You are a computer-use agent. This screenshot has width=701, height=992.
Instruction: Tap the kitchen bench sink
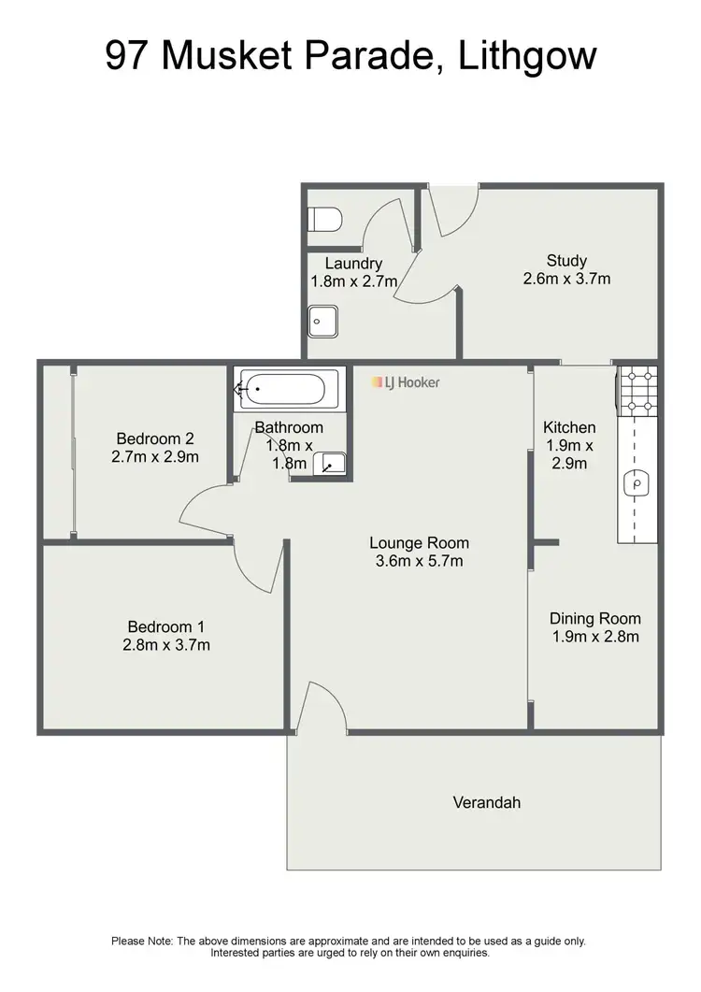[x=637, y=483]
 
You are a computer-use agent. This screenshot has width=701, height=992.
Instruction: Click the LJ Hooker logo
[x=406, y=382]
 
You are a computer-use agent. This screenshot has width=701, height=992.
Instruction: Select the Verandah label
[x=486, y=802]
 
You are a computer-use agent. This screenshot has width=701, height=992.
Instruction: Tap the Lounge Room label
[x=419, y=542]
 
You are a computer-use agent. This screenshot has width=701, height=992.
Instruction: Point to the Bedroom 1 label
[x=166, y=626]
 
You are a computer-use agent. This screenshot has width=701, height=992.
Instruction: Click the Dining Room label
[x=594, y=618]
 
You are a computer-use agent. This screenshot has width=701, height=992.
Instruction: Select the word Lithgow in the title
[x=527, y=55]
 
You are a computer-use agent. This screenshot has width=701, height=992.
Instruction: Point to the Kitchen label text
[x=569, y=427]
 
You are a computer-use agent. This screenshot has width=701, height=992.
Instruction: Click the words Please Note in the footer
[x=140, y=941]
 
